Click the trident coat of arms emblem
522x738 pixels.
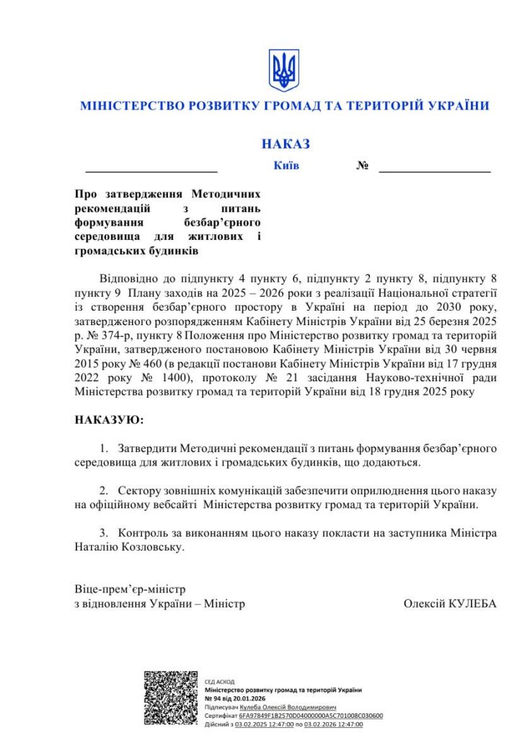pos(283,70)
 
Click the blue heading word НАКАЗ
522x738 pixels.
pos(286,144)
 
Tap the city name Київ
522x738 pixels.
pos(286,166)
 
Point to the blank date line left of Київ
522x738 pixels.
pos(151,170)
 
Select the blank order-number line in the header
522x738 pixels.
pos(434,170)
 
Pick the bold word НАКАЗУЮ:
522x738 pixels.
pos(109,419)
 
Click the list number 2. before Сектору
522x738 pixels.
pos(105,490)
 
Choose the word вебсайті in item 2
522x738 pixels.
pos(175,504)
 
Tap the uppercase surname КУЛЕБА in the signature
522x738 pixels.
pos(472,604)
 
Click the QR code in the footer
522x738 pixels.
pos(170,698)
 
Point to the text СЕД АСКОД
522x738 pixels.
pos(219,681)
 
